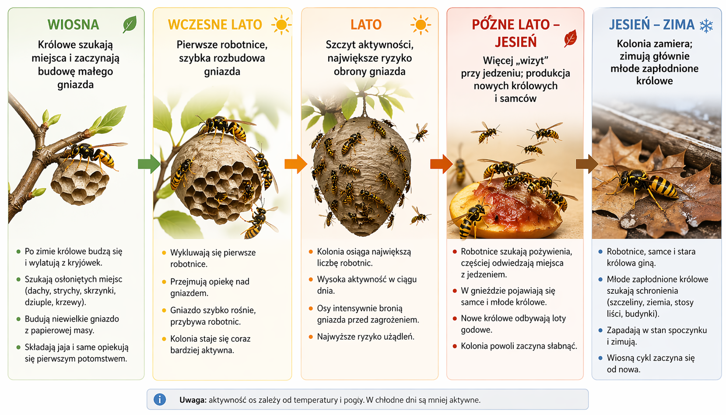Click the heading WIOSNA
(x=73, y=25)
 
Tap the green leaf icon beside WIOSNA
(x=130, y=24)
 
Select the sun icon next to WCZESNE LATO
(x=281, y=25)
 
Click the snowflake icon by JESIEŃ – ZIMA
(x=706, y=25)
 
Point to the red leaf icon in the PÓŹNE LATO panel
(x=570, y=39)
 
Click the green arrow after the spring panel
(x=149, y=164)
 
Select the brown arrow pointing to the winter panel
(x=586, y=164)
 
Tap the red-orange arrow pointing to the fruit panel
(x=441, y=164)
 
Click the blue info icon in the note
(x=160, y=399)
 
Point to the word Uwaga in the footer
(x=193, y=400)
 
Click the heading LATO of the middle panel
(x=366, y=25)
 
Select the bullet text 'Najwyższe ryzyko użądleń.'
(x=365, y=337)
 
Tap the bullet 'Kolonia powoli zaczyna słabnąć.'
(x=519, y=346)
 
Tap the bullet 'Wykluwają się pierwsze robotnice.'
(x=213, y=258)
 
